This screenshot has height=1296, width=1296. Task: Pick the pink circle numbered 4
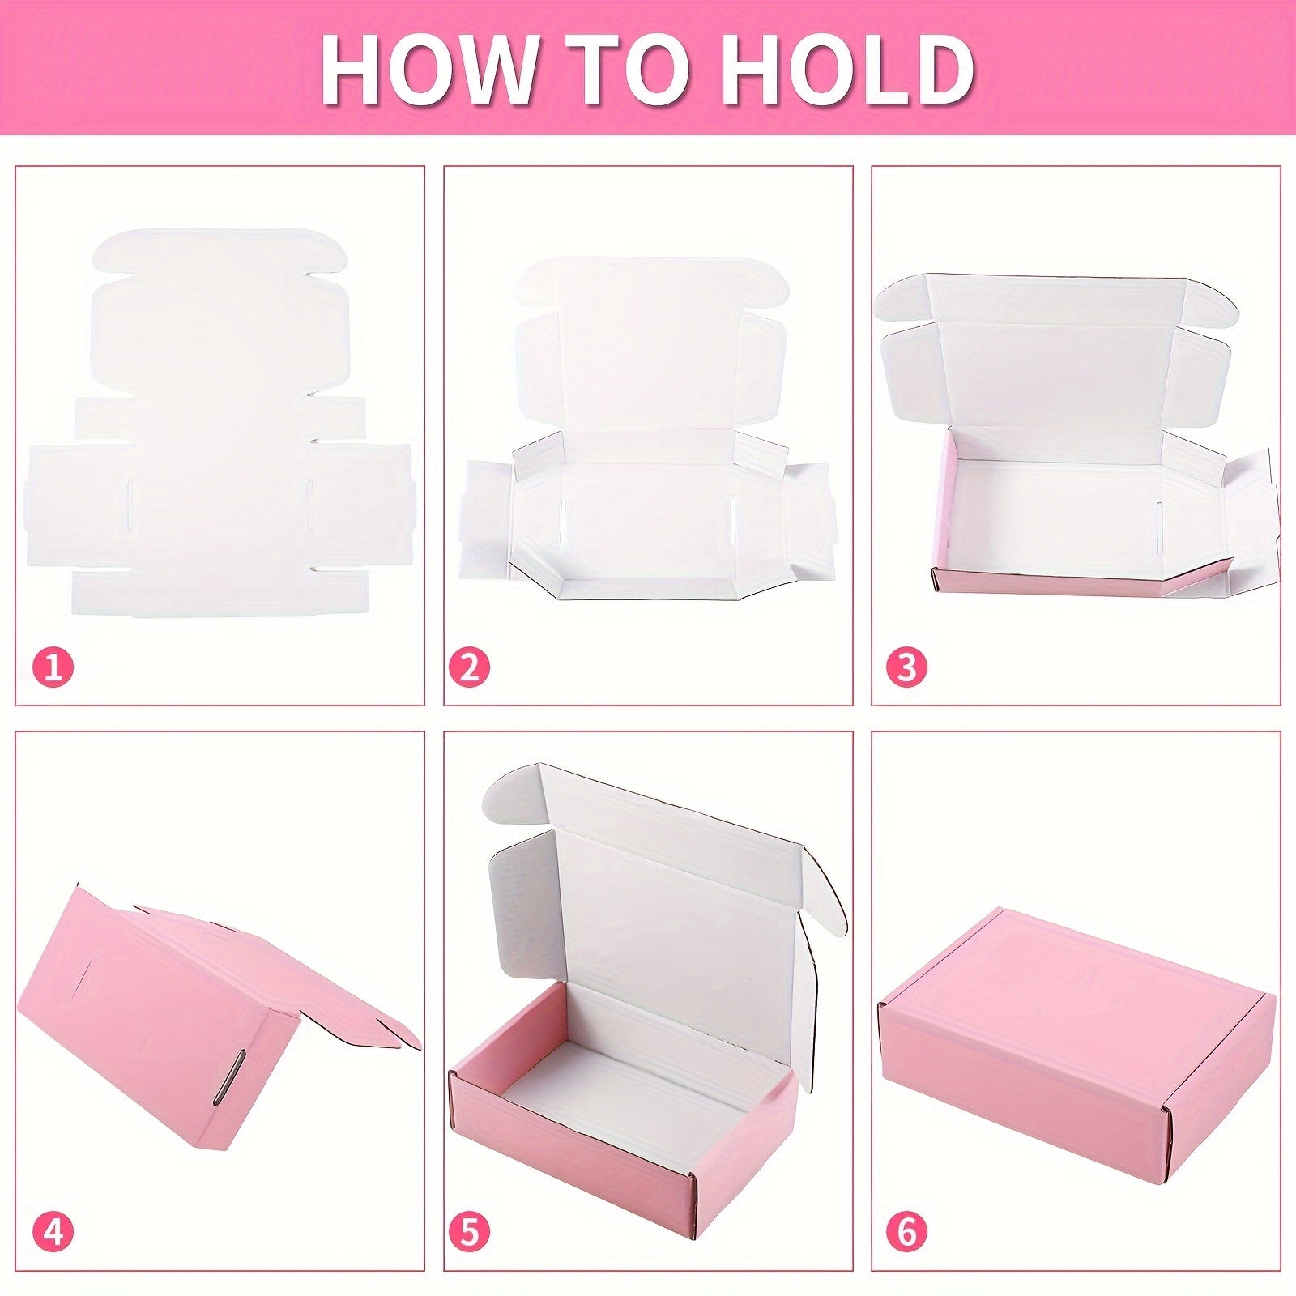pos(53,1234)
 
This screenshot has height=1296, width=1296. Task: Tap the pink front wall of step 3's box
pos(1053,581)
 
